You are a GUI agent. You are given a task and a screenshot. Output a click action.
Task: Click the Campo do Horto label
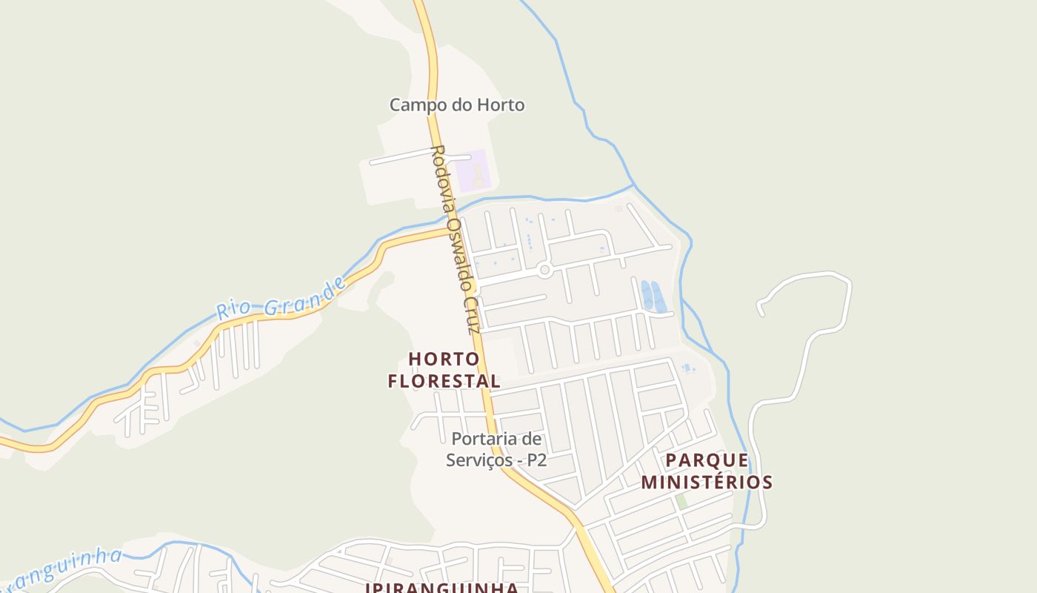point(457,105)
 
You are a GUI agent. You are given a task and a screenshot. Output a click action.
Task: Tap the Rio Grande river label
point(281,299)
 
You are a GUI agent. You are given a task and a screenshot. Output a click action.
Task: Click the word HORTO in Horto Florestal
point(444,360)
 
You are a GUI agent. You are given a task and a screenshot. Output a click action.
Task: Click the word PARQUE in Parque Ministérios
point(707,460)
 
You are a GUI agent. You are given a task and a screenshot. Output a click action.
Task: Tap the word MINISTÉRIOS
point(707,483)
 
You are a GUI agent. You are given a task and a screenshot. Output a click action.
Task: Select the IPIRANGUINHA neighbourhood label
point(441,588)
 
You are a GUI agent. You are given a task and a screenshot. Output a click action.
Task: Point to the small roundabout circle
point(545,271)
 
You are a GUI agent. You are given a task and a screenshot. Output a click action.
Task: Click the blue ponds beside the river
point(652,295)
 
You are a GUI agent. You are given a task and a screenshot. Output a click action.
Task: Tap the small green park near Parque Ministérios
point(681,502)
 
